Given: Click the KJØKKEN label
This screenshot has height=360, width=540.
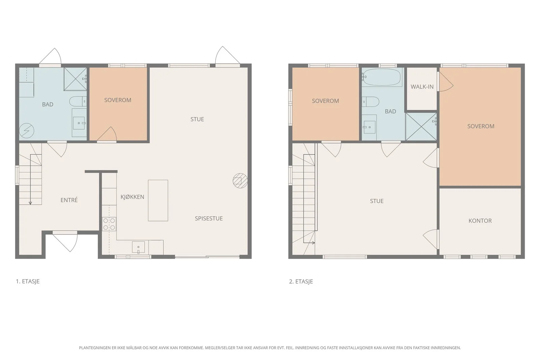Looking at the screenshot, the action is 132,197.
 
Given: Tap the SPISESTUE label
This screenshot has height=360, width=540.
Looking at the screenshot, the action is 209,218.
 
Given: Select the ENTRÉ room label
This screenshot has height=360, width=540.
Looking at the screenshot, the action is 69,200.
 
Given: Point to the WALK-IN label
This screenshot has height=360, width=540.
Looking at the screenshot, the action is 422,87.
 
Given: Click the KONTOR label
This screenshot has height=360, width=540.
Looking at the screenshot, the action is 480,221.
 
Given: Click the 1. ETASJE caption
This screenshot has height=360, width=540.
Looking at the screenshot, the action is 28,281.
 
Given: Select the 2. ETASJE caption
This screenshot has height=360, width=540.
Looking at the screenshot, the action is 301,281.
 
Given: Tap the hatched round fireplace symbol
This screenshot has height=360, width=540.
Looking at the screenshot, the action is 240,181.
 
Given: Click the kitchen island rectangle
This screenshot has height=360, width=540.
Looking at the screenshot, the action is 158,200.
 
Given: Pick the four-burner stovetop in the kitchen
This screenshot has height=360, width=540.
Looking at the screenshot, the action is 109,224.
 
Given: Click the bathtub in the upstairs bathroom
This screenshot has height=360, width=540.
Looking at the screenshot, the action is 382,77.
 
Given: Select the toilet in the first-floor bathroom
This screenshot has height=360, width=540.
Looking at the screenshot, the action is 78,102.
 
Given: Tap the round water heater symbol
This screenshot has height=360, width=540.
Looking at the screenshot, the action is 27,131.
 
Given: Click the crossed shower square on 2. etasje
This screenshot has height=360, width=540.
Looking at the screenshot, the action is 421,127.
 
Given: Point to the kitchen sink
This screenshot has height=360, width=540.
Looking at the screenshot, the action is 138,247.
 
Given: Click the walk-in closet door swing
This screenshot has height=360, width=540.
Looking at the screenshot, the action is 446,82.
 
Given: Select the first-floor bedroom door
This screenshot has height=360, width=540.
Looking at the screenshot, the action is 107,134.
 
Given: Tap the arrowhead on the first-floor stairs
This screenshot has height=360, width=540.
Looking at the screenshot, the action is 30,203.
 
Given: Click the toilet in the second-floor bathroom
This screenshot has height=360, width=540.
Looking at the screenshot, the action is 371,102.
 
